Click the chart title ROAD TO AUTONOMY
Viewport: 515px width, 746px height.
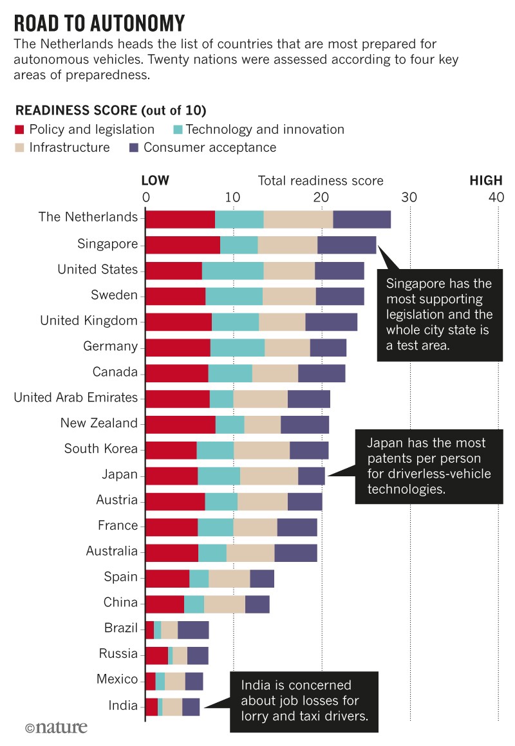100,23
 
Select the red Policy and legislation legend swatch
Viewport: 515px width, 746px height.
20,129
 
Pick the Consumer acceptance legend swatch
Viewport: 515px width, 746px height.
133,147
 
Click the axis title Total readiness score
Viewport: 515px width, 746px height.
321,181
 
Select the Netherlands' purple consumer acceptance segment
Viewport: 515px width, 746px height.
362,218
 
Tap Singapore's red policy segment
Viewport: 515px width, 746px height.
183,244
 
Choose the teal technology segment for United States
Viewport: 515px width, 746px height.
232,270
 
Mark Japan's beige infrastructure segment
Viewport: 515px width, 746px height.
269,475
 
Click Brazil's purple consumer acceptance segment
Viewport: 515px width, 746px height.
193,629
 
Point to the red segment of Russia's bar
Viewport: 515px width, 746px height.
156,655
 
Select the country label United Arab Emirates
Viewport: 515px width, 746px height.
76,398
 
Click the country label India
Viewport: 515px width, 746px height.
124,705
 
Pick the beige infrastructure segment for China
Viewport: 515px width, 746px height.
225,603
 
